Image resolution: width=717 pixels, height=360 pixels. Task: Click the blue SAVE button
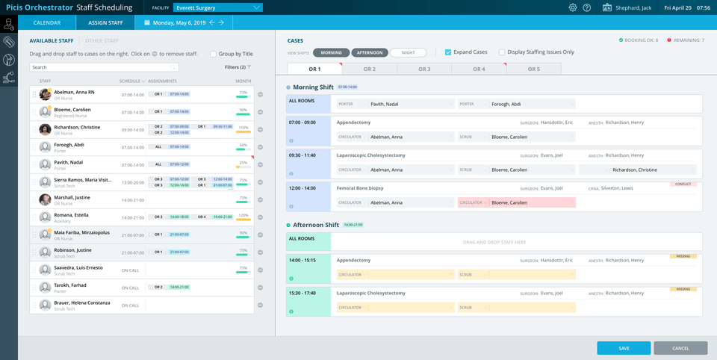click(624, 348)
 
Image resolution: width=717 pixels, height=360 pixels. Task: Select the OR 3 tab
click(424, 69)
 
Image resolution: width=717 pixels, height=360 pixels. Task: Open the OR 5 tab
click(533, 69)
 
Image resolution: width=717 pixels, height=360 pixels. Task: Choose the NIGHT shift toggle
click(408, 53)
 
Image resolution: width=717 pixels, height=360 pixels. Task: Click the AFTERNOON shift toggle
click(369, 53)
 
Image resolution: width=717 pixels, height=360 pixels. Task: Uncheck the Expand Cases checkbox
click(448, 52)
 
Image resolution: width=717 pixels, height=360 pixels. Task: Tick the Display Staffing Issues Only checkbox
click(502, 52)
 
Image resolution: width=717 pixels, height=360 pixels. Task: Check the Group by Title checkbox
click(214, 54)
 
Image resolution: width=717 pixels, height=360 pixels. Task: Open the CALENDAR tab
click(47, 23)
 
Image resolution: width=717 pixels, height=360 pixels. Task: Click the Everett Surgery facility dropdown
click(217, 7)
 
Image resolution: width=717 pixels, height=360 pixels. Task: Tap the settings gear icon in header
click(573, 7)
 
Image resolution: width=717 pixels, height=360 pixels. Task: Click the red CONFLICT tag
click(683, 184)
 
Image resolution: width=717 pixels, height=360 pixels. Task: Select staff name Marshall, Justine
click(72, 197)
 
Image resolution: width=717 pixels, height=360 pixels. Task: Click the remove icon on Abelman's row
click(261, 94)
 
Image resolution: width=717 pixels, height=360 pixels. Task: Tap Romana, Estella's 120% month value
click(243, 215)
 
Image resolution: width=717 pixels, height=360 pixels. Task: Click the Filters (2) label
click(235, 67)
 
